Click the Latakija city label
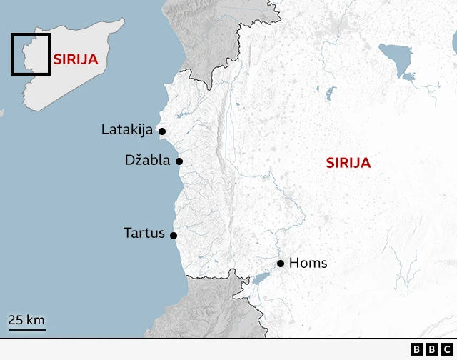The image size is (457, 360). point(128,130)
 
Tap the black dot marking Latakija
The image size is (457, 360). point(162,131)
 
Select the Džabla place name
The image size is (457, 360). point(147,160)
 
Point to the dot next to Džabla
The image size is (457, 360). point(179,161)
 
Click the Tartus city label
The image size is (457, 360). point(144,233)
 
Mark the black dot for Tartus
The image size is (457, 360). point(174,235)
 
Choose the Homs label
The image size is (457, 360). point(308,263)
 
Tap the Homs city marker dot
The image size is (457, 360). point(281,264)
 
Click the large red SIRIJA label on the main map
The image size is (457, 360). point(348,163)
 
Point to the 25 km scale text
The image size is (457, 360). point(26,319)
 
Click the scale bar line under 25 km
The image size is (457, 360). point(27,329)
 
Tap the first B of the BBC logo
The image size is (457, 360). point(417,349)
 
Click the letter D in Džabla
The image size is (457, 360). point(129,160)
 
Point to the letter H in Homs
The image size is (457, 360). point(293,263)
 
